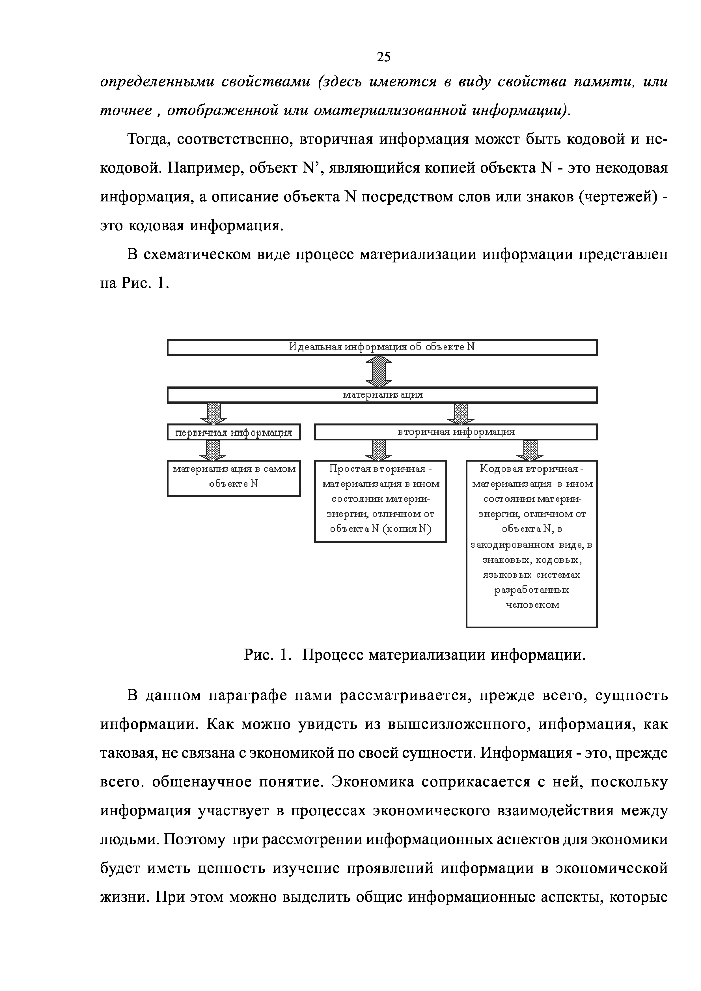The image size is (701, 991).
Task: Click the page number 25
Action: (x=383, y=56)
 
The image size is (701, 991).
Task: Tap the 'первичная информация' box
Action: (x=234, y=432)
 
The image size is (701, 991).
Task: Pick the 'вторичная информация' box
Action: (x=456, y=432)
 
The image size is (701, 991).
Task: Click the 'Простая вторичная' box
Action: (x=380, y=501)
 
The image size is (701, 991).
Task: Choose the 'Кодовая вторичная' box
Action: (x=532, y=544)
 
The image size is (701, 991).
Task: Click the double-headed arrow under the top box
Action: (x=379, y=371)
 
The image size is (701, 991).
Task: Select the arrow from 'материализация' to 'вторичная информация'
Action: (x=461, y=414)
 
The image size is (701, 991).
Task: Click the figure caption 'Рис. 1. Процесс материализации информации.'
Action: (x=415, y=655)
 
